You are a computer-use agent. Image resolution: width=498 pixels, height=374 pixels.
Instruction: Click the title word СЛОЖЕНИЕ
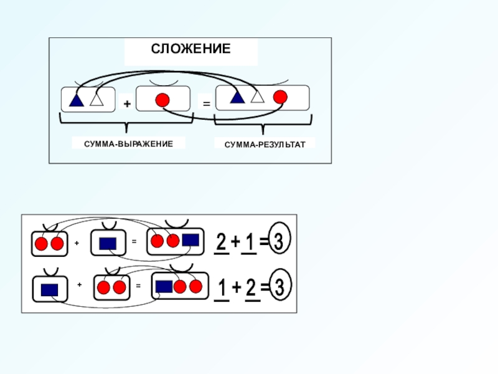tap(190, 49)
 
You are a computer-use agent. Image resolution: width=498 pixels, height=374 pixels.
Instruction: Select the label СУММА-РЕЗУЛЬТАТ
tap(265, 144)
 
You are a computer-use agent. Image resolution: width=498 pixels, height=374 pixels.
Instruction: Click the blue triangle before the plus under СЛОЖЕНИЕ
tap(77, 100)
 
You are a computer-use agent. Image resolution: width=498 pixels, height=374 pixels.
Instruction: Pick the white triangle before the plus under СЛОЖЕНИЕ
tap(96, 99)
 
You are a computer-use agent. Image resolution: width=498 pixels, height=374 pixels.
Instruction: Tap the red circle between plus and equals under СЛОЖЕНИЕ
tap(162, 100)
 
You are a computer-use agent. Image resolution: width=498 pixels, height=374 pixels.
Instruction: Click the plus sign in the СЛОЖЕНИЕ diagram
tap(127, 105)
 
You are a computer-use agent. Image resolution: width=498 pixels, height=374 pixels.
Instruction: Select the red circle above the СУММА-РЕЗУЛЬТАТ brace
tap(280, 97)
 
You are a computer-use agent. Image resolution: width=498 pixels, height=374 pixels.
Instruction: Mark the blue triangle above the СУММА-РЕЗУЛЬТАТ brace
tap(237, 97)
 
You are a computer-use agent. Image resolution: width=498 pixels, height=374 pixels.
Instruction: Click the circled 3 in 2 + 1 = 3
tap(281, 242)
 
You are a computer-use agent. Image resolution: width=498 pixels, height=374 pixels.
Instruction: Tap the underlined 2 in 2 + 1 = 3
tap(221, 242)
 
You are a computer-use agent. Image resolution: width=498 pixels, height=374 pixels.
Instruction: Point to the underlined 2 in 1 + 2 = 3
tap(251, 288)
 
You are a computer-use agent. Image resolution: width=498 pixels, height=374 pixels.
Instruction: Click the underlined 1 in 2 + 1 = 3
tap(249, 242)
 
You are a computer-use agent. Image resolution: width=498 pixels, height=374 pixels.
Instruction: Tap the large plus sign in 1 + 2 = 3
tap(237, 288)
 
